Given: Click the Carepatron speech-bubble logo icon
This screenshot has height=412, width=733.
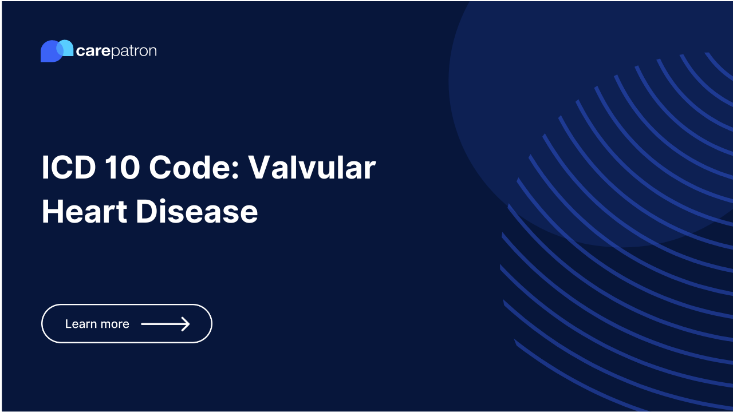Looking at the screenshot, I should [x=57, y=51].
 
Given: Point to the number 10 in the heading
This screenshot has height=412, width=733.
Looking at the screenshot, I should [x=122, y=168].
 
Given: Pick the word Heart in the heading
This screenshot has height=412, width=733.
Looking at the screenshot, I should [x=84, y=211].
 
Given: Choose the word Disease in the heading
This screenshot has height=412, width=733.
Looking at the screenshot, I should [x=196, y=211].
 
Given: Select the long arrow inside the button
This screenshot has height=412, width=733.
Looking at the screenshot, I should [x=165, y=324].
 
